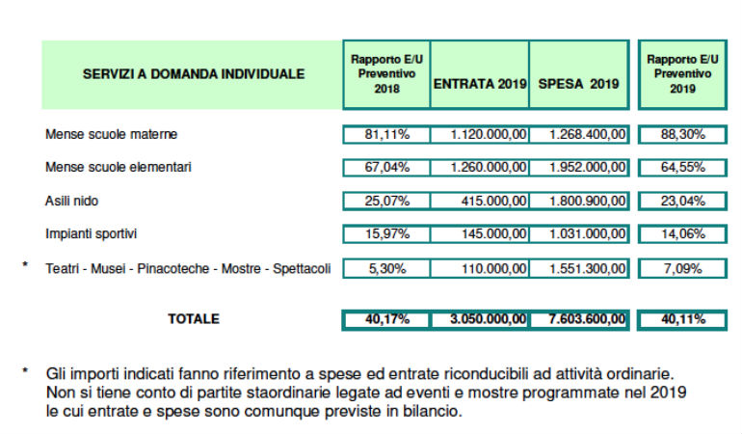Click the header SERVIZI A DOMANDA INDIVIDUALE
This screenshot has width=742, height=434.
coord(193,73)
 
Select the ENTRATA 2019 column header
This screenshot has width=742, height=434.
coord(480,84)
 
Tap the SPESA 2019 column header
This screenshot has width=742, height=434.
coord(578,84)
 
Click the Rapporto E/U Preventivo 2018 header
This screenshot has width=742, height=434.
coord(385,73)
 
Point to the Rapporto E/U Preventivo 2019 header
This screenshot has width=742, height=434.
coord(682,73)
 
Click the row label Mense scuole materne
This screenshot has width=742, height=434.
coord(111,134)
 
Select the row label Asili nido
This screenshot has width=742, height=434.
coord(72,201)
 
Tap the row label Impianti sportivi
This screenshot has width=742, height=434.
coord(93,234)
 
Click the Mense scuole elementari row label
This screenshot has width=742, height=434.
coord(119,167)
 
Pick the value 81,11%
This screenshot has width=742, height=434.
coord(385,134)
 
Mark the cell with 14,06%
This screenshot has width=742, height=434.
coord(682,234)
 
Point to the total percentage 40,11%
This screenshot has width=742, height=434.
coord(682,319)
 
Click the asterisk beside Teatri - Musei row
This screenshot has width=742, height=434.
coord(25,262)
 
